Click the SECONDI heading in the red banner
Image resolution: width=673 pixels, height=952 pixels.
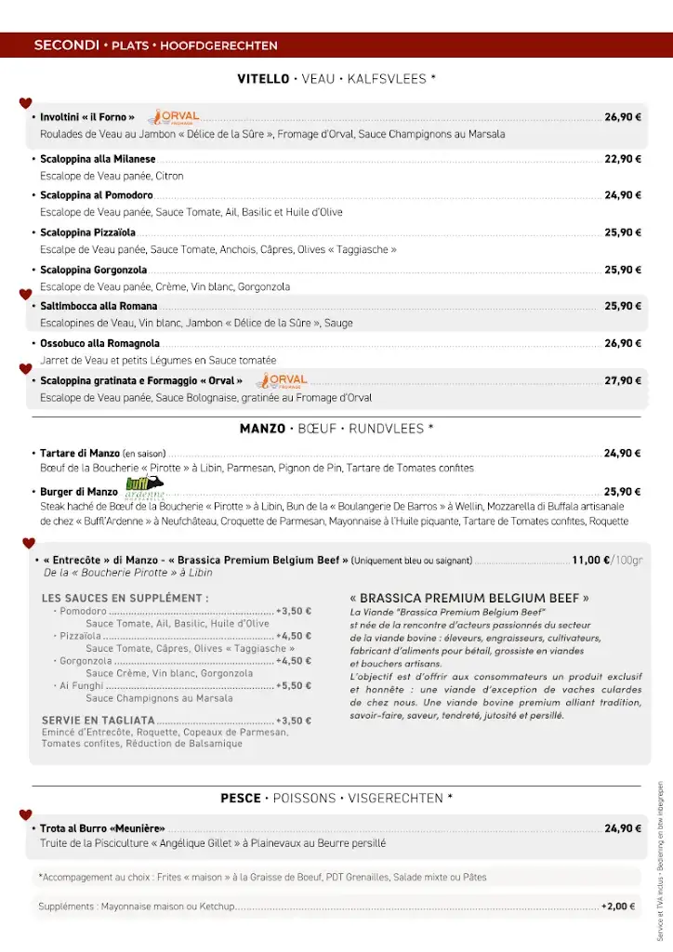point(66,45)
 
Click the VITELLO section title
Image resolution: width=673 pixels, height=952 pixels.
point(264,79)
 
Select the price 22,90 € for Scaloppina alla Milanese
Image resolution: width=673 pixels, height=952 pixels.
point(623,159)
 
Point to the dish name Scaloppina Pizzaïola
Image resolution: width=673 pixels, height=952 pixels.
point(87,232)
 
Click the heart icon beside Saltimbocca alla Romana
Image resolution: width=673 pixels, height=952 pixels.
point(26,295)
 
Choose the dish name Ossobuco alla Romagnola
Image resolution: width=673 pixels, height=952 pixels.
point(99,343)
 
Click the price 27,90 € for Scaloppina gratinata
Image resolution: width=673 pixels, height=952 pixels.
point(623,380)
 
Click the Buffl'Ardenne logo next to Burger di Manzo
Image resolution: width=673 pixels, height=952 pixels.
point(144,486)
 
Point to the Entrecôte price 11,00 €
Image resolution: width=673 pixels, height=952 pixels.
point(591,561)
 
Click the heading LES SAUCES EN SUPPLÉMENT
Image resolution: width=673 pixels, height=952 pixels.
point(125,598)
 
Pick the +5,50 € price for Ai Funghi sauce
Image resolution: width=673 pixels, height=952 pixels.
point(293,685)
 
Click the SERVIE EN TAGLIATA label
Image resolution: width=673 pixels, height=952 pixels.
point(98,721)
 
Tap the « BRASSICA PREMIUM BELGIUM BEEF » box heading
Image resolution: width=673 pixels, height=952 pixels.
point(469,598)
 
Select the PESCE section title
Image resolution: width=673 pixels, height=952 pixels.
point(241,798)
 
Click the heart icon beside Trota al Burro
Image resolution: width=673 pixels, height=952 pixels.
point(26,815)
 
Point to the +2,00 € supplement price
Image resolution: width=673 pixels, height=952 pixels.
point(618,906)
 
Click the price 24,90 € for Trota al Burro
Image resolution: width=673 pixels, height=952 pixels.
point(623,828)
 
